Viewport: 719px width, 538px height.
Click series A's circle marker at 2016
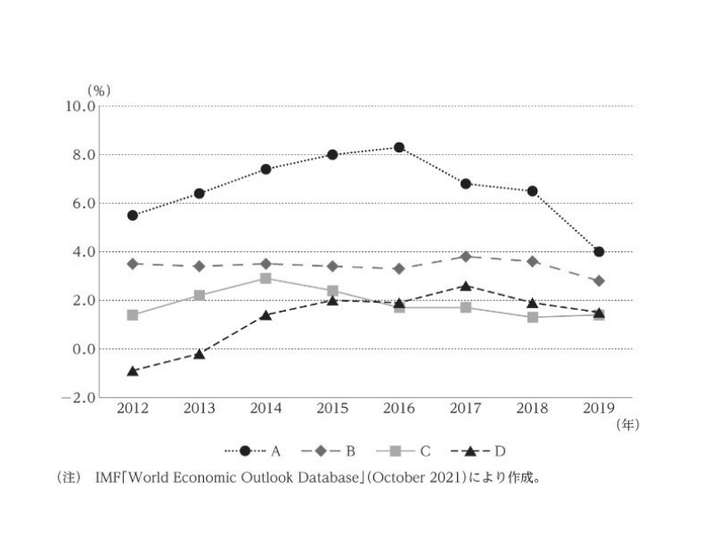click(399, 147)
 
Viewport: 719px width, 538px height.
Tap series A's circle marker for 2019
click(599, 252)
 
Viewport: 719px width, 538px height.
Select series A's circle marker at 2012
click(133, 216)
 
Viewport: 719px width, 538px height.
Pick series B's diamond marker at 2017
click(466, 257)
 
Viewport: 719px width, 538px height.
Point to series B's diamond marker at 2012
click(133, 264)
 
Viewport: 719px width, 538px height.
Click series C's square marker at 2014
click(266, 279)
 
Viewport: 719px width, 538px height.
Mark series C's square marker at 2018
click(533, 317)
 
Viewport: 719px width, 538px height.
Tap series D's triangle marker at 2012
click(133, 371)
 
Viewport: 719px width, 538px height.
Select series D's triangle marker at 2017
click(466, 286)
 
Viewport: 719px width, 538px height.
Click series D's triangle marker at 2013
click(200, 354)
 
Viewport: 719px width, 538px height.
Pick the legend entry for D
click(486, 451)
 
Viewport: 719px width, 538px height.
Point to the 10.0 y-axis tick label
click(78, 107)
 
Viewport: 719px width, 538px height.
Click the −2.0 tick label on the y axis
click(78, 398)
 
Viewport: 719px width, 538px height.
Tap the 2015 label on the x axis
click(332, 409)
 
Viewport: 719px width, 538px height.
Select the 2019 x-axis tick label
click(599, 409)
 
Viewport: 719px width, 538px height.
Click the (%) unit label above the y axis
click(99, 90)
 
